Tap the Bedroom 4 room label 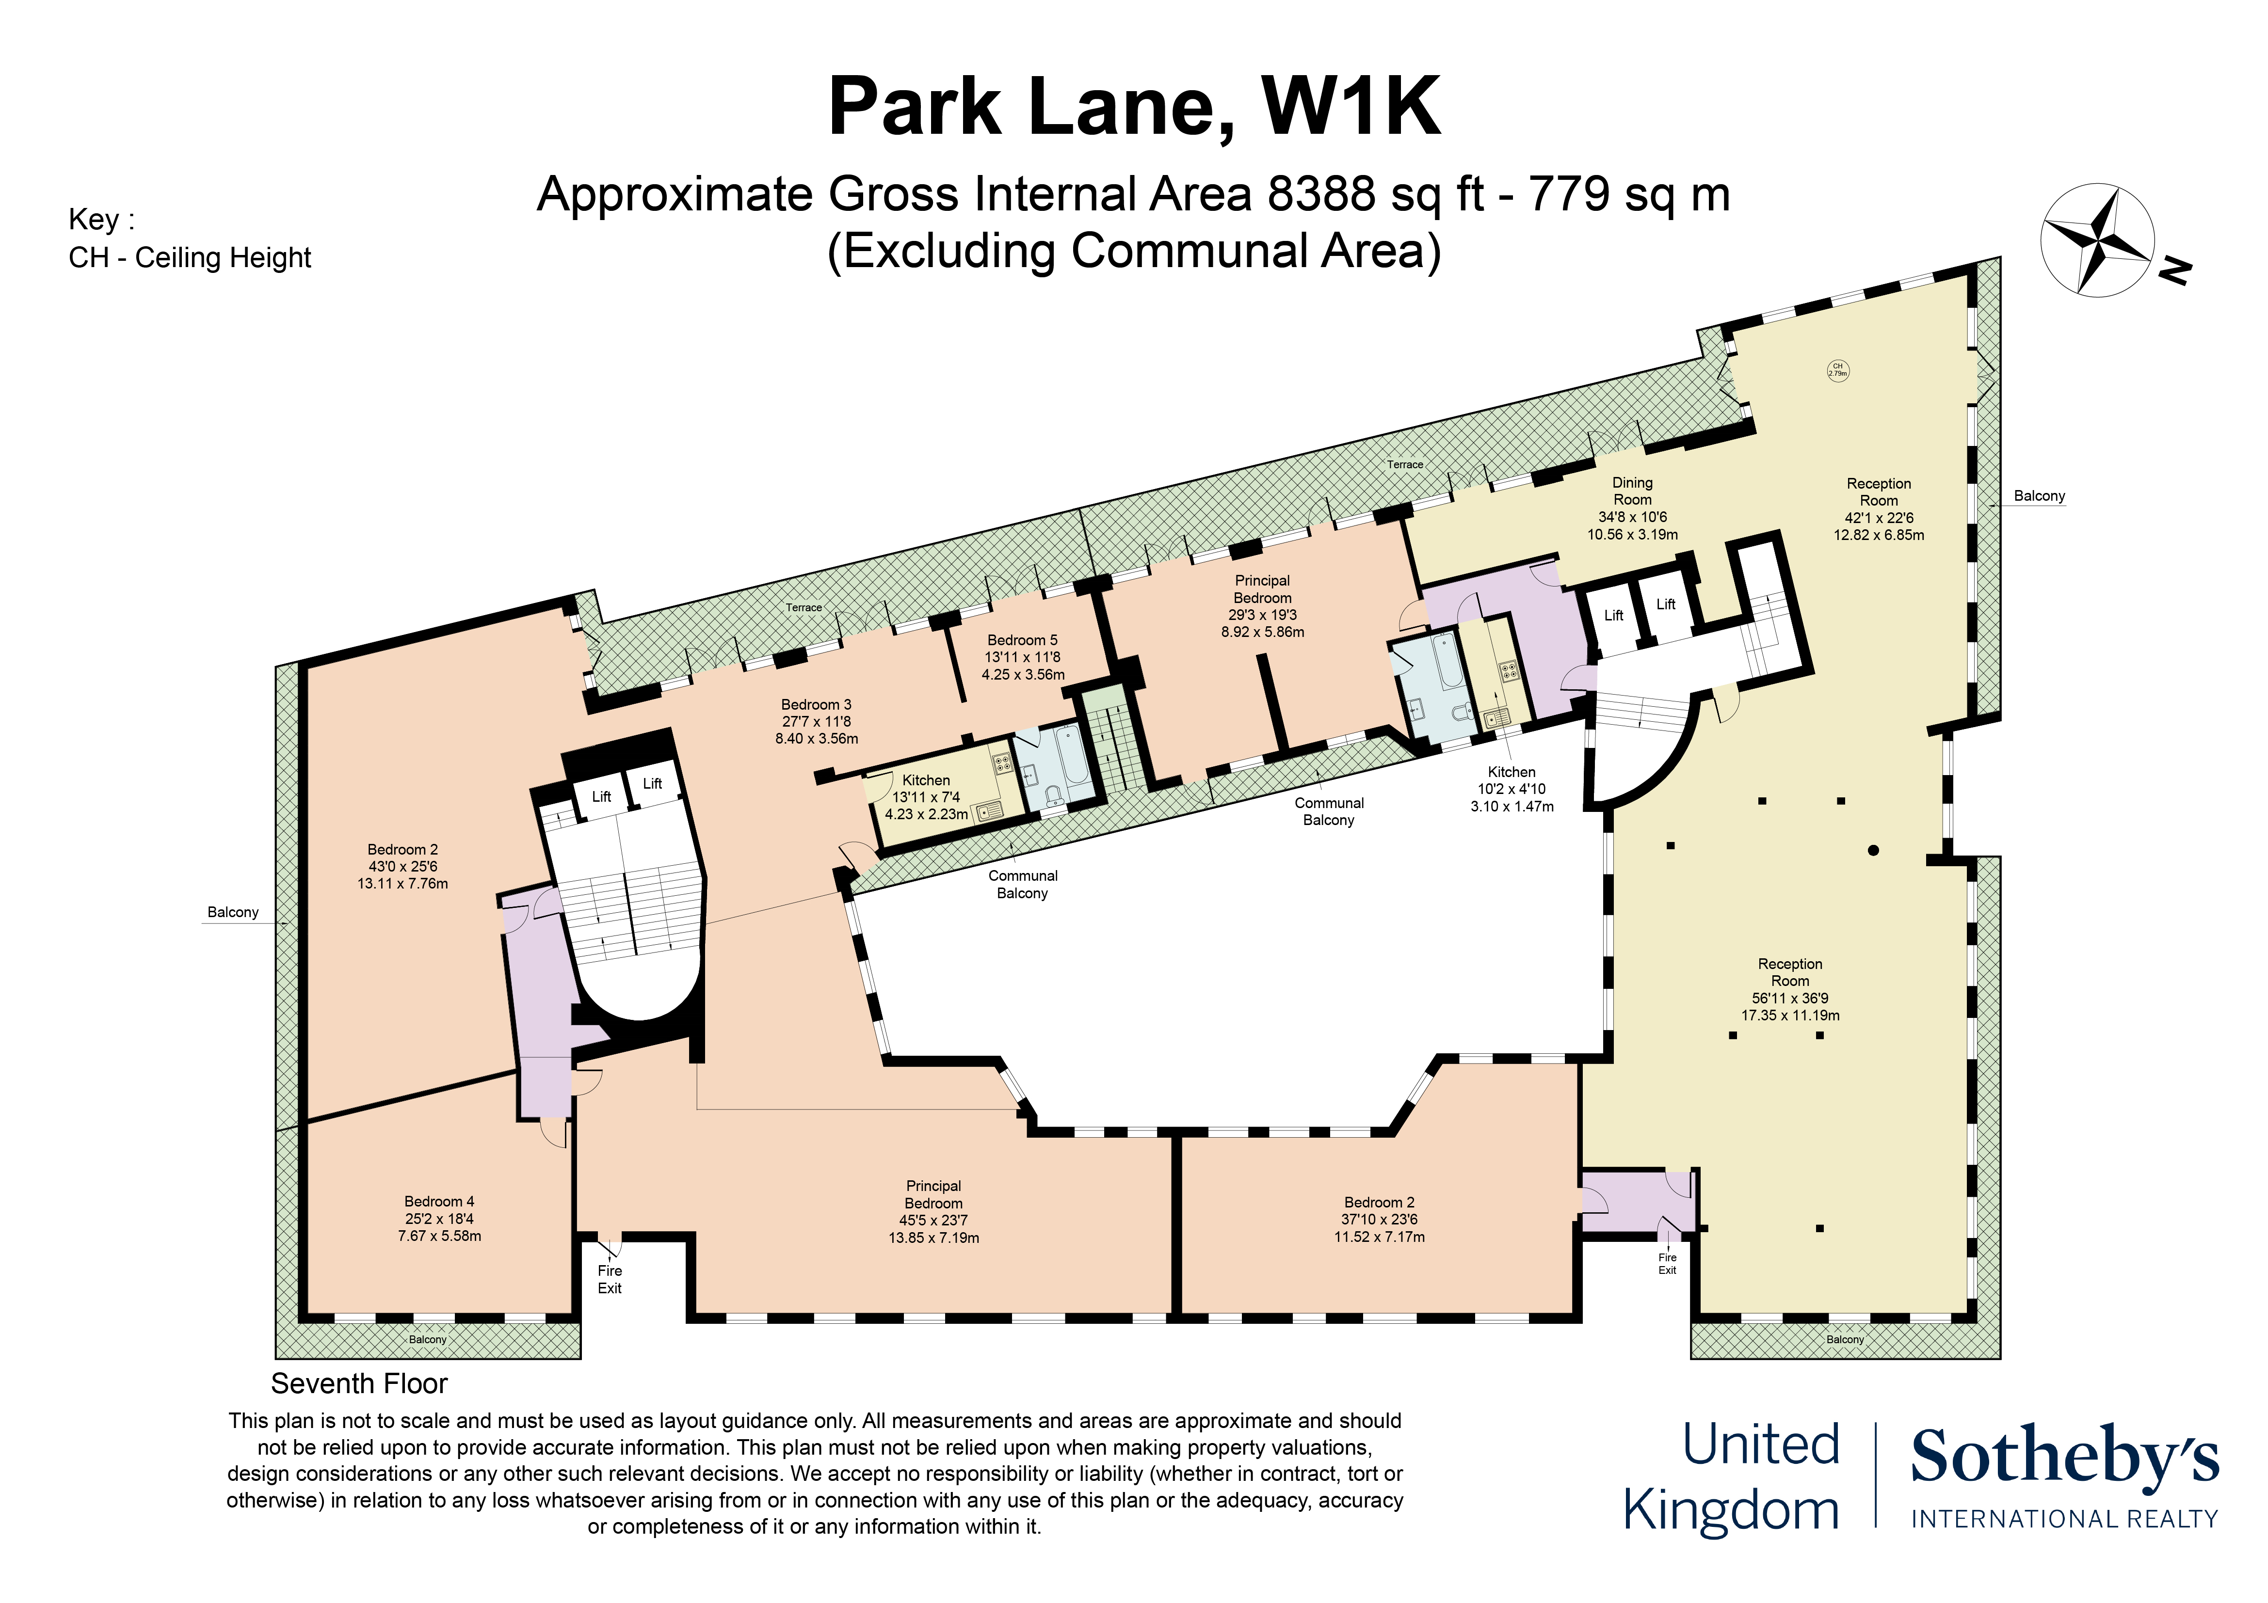pos(439,1219)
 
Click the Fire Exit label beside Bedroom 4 pos(610,1279)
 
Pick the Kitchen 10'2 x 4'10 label pos(1512,789)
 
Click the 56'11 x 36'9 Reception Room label pos(1790,989)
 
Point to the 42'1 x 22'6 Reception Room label pos(1879,508)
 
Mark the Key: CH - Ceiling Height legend pos(190,238)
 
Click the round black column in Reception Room pos(1873,849)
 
